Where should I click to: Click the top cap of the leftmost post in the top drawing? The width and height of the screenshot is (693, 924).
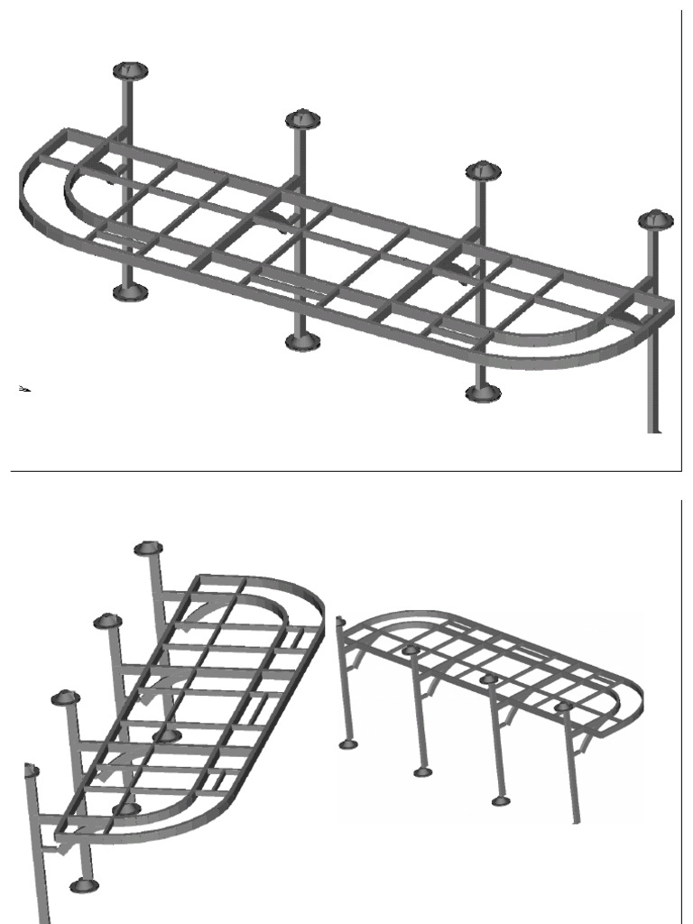[x=131, y=69]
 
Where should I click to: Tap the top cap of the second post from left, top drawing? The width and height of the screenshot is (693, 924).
[x=303, y=118]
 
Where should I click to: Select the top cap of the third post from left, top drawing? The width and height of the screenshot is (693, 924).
[x=484, y=171]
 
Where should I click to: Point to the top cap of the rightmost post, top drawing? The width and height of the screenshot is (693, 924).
[x=655, y=219]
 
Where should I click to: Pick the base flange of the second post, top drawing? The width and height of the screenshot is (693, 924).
[x=302, y=341]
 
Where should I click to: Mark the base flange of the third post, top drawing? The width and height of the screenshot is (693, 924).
[x=483, y=393]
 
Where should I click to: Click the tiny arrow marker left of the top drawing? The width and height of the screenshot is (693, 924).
[x=25, y=388]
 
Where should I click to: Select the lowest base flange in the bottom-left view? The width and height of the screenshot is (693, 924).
[x=83, y=886]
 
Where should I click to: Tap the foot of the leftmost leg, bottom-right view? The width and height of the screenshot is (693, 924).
[x=347, y=744]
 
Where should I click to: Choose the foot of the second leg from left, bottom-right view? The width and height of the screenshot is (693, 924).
[x=422, y=772]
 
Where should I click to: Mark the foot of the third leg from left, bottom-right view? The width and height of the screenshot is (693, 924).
[x=500, y=800]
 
